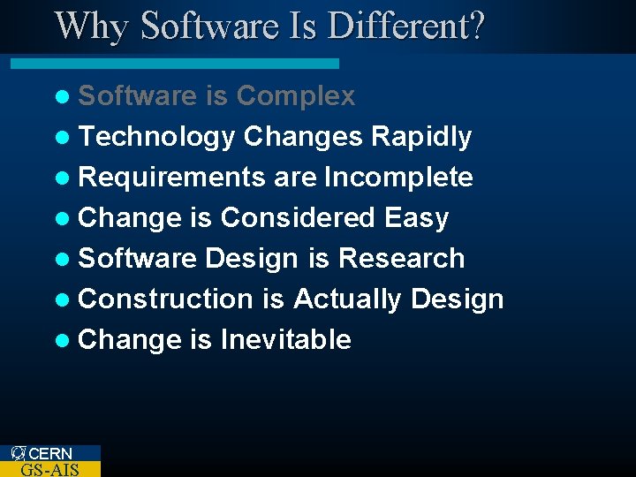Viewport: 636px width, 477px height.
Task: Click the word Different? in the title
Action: coord(405,26)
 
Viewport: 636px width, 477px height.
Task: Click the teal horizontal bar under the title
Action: coord(174,64)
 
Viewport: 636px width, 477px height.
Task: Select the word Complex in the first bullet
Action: coord(296,95)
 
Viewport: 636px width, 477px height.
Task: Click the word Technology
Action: coord(156,137)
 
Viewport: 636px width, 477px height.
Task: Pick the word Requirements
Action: coord(172,178)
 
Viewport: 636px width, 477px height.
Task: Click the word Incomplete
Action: coord(398,178)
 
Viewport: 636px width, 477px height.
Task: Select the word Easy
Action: coord(417,218)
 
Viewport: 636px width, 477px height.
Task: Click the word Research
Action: coord(401,259)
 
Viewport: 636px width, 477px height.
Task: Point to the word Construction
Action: coord(165,299)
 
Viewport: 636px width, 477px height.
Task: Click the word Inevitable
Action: coord(285,340)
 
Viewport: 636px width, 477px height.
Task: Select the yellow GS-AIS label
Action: coord(49,469)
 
